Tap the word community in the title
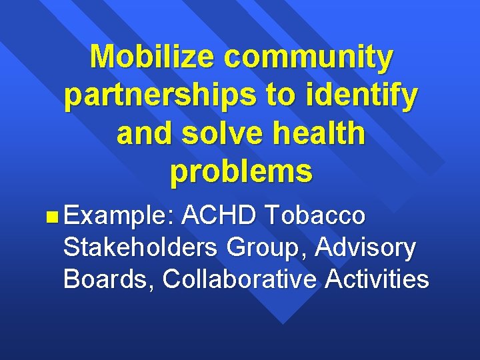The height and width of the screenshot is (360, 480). [309, 58]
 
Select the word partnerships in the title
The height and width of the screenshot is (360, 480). [158, 96]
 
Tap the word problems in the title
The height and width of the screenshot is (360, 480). [241, 172]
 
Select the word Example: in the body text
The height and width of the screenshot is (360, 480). [119, 216]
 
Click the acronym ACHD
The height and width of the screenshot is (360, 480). [219, 215]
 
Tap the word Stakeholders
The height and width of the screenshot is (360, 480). [140, 247]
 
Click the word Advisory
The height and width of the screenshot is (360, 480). [366, 248]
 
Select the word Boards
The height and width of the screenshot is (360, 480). [107, 279]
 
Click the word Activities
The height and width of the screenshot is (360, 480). [377, 279]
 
